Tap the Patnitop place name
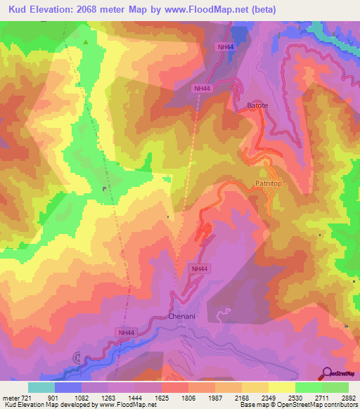pos(267,184)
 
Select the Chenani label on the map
pos(182,317)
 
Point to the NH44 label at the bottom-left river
pos(126,333)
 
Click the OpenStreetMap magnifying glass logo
pos(327,373)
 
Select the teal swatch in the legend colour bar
pos(41,387)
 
